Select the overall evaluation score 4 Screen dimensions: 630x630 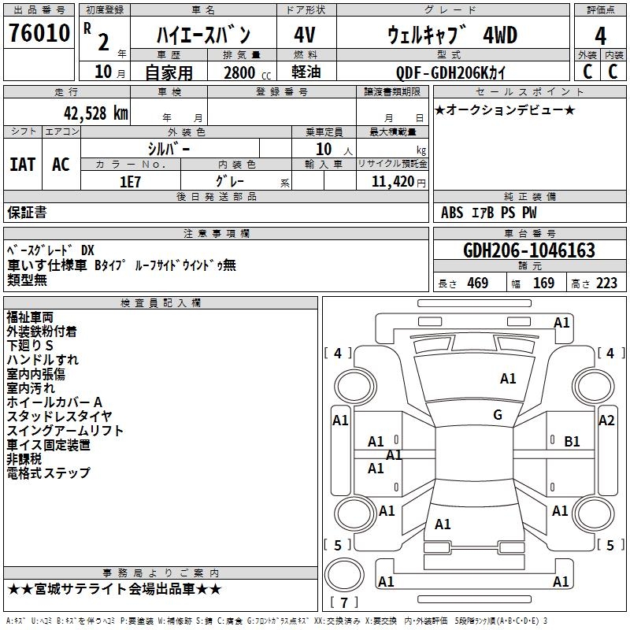(600, 35)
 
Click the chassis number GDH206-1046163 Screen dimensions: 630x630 (528, 250)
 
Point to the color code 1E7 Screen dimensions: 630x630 (130, 181)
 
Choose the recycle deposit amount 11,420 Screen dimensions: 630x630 (392, 181)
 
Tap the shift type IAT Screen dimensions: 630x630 (22, 164)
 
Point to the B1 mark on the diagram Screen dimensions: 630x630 (572, 442)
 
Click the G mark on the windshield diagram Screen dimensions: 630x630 (498, 415)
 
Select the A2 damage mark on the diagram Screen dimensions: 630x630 (606, 421)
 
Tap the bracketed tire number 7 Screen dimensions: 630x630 (344, 602)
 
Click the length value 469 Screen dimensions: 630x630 (477, 283)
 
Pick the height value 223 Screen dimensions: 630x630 (607, 283)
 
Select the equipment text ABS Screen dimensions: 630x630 (452, 213)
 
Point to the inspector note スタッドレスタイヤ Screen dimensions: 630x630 (59, 417)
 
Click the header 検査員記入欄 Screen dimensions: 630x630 (161, 302)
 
